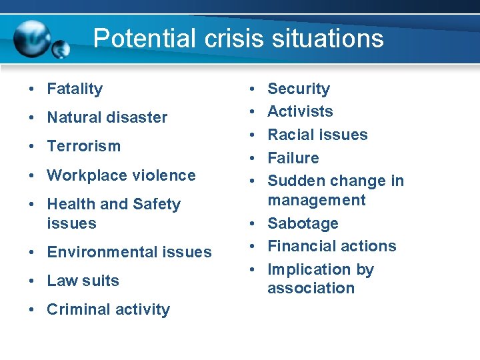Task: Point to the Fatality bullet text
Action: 75,89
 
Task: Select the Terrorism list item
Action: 83,146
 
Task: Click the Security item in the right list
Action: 298,89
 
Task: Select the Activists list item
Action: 300,111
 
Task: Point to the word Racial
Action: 289,135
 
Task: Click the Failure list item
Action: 293,158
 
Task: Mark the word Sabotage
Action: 303,223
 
